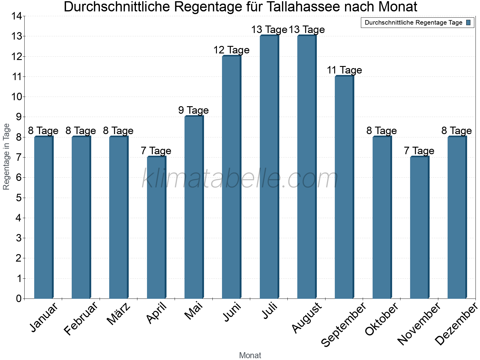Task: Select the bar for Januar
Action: click(x=43, y=217)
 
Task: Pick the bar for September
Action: click(x=344, y=187)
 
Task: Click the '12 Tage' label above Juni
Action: click(x=231, y=50)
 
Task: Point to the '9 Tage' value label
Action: click(x=193, y=110)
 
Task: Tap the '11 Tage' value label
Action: click(x=344, y=70)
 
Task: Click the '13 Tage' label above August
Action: click(x=307, y=29)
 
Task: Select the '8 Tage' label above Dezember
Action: click(x=456, y=130)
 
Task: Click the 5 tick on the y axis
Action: click(x=19, y=198)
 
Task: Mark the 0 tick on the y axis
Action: click(x=19, y=298)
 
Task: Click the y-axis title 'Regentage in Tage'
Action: click(x=7, y=157)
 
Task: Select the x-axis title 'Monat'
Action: click(x=250, y=355)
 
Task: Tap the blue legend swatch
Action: click(x=469, y=22)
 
